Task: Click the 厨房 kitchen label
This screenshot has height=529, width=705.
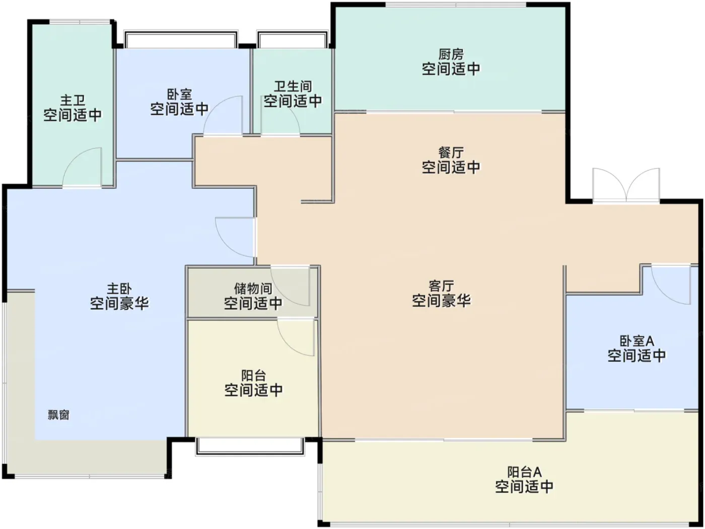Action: point(451,54)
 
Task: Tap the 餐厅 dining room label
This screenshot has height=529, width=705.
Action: point(451,153)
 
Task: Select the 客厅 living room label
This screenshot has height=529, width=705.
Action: point(441,286)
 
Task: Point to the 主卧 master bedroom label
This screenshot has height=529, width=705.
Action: point(119,288)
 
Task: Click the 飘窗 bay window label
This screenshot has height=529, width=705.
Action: point(59,415)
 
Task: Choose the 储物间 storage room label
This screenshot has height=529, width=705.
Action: point(253,288)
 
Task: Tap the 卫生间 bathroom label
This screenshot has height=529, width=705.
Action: point(293,87)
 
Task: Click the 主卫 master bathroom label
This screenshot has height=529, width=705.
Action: point(73,101)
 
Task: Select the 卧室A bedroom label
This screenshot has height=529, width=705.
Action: point(637,341)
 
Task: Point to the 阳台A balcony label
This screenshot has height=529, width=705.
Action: point(524,472)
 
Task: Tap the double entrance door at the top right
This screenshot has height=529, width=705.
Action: point(626,186)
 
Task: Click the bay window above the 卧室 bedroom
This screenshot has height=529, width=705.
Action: point(181,39)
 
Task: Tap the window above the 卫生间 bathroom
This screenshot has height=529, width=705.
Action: point(292,39)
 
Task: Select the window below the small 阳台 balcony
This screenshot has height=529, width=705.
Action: point(250,446)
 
